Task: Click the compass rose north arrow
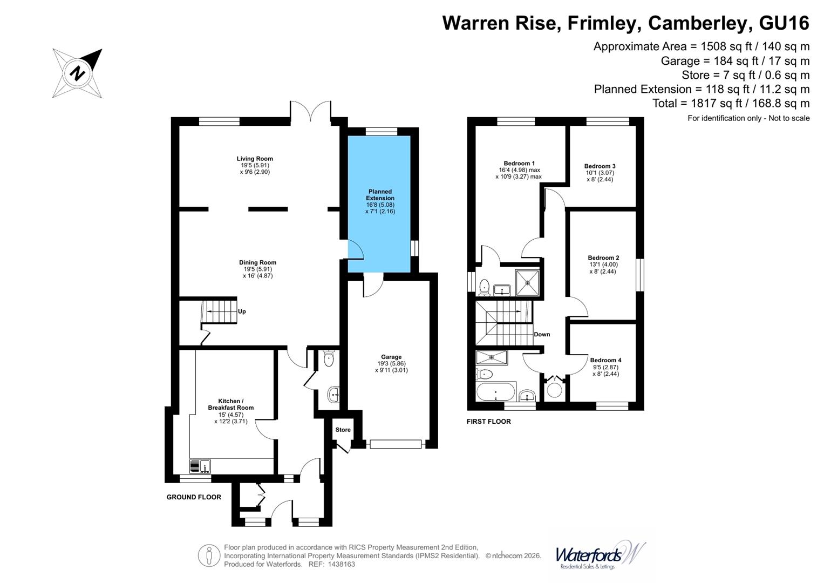click(x=78, y=73)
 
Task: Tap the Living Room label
click(x=255, y=159)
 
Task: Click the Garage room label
click(x=391, y=357)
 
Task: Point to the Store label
click(x=343, y=430)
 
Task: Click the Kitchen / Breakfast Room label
click(x=231, y=404)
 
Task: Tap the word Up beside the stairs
click(x=242, y=311)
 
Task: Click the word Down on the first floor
click(x=542, y=334)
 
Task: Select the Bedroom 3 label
click(x=600, y=166)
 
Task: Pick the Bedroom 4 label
click(x=605, y=360)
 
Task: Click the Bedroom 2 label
click(x=603, y=257)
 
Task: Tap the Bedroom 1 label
click(x=519, y=163)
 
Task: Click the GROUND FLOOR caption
click(x=194, y=497)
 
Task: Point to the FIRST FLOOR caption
click(x=488, y=422)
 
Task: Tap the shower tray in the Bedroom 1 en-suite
click(x=527, y=282)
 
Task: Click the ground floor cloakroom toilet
click(x=328, y=358)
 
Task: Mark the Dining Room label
click(x=257, y=262)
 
